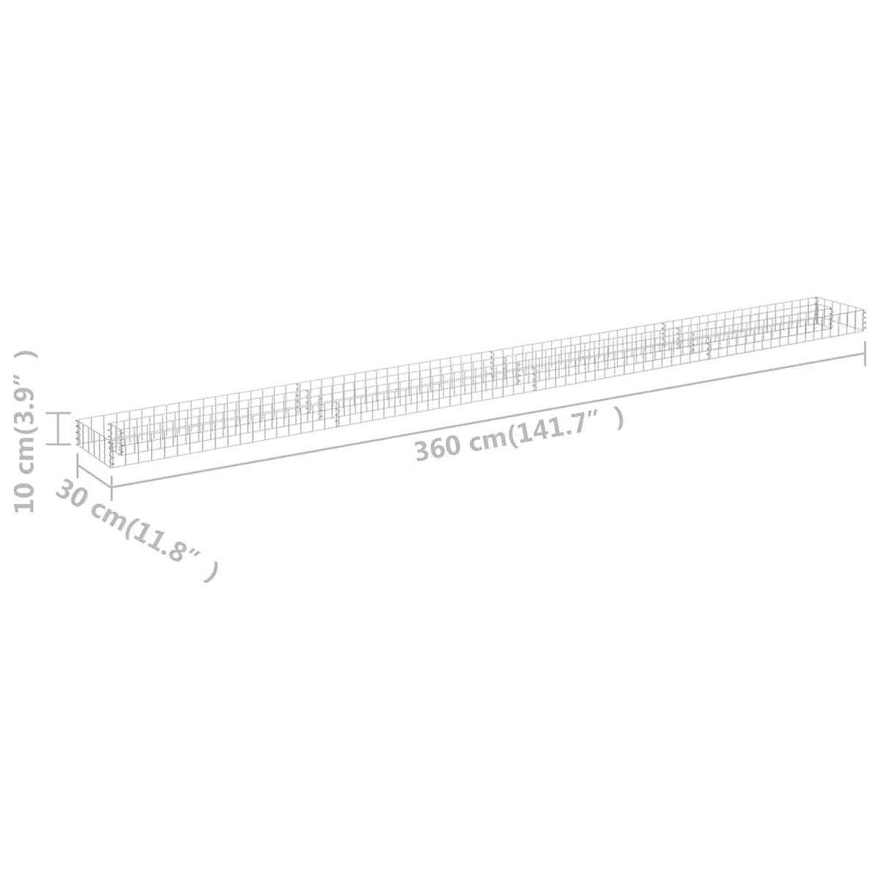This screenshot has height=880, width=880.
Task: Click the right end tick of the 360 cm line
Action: click(865, 356)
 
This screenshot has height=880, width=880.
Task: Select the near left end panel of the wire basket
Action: click(94, 440)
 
